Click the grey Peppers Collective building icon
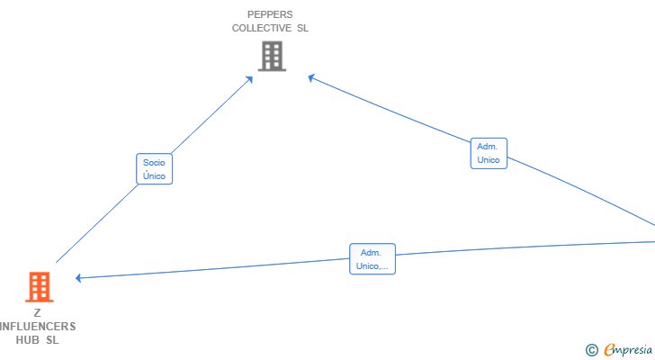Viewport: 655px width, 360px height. point(272,56)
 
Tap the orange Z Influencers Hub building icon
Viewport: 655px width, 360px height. point(40,287)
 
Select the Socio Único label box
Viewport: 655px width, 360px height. point(154,168)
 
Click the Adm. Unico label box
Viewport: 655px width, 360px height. point(489,153)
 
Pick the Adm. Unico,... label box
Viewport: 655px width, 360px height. point(372,259)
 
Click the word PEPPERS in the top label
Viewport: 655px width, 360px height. point(270,14)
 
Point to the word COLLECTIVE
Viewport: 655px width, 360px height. point(262,28)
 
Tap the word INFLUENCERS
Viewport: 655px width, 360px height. point(38,326)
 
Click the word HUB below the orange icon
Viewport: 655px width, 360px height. point(28,340)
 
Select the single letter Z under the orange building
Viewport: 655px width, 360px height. point(37,313)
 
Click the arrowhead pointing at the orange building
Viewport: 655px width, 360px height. point(78,278)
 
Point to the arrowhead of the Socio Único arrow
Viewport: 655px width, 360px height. point(249,79)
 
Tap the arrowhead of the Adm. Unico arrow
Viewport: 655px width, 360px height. point(311,77)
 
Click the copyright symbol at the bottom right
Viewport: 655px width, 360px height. point(591,350)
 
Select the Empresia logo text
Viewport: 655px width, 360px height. point(628,350)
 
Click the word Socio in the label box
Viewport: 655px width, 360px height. point(154,163)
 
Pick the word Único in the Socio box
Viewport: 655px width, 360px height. point(154,175)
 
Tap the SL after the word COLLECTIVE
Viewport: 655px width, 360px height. point(303,28)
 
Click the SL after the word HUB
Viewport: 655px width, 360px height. point(52,340)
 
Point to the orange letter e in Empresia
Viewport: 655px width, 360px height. point(610,349)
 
